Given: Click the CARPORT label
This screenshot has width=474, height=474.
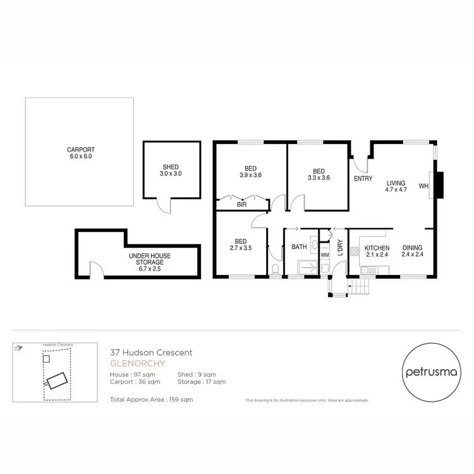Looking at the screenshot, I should pyautogui.click(x=80, y=153).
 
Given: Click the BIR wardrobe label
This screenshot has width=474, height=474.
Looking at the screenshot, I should pyautogui.click(x=241, y=205).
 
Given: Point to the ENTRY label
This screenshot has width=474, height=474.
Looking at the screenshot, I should pyautogui.click(x=363, y=179).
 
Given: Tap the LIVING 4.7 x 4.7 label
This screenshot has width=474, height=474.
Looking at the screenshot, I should pyautogui.click(x=397, y=185).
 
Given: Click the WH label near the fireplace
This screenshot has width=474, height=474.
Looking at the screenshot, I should pyautogui.click(x=423, y=186).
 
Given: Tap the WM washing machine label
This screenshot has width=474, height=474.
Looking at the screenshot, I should pyautogui.click(x=325, y=255).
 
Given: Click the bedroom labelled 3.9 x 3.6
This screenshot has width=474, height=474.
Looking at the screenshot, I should pyautogui.click(x=250, y=172).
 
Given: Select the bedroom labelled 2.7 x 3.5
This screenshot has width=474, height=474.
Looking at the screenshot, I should pyautogui.click(x=241, y=245).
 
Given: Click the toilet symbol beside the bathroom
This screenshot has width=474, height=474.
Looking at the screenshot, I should pyautogui.click(x=275, y=270).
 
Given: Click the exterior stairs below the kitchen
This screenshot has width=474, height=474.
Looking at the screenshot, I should pyautogui.click(x=362, y=287).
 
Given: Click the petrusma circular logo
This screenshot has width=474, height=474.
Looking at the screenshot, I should pyautogui.click(x=427, y=372).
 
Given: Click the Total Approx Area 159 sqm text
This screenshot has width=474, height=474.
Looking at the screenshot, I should pyautogui.click(x=151, y=400).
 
